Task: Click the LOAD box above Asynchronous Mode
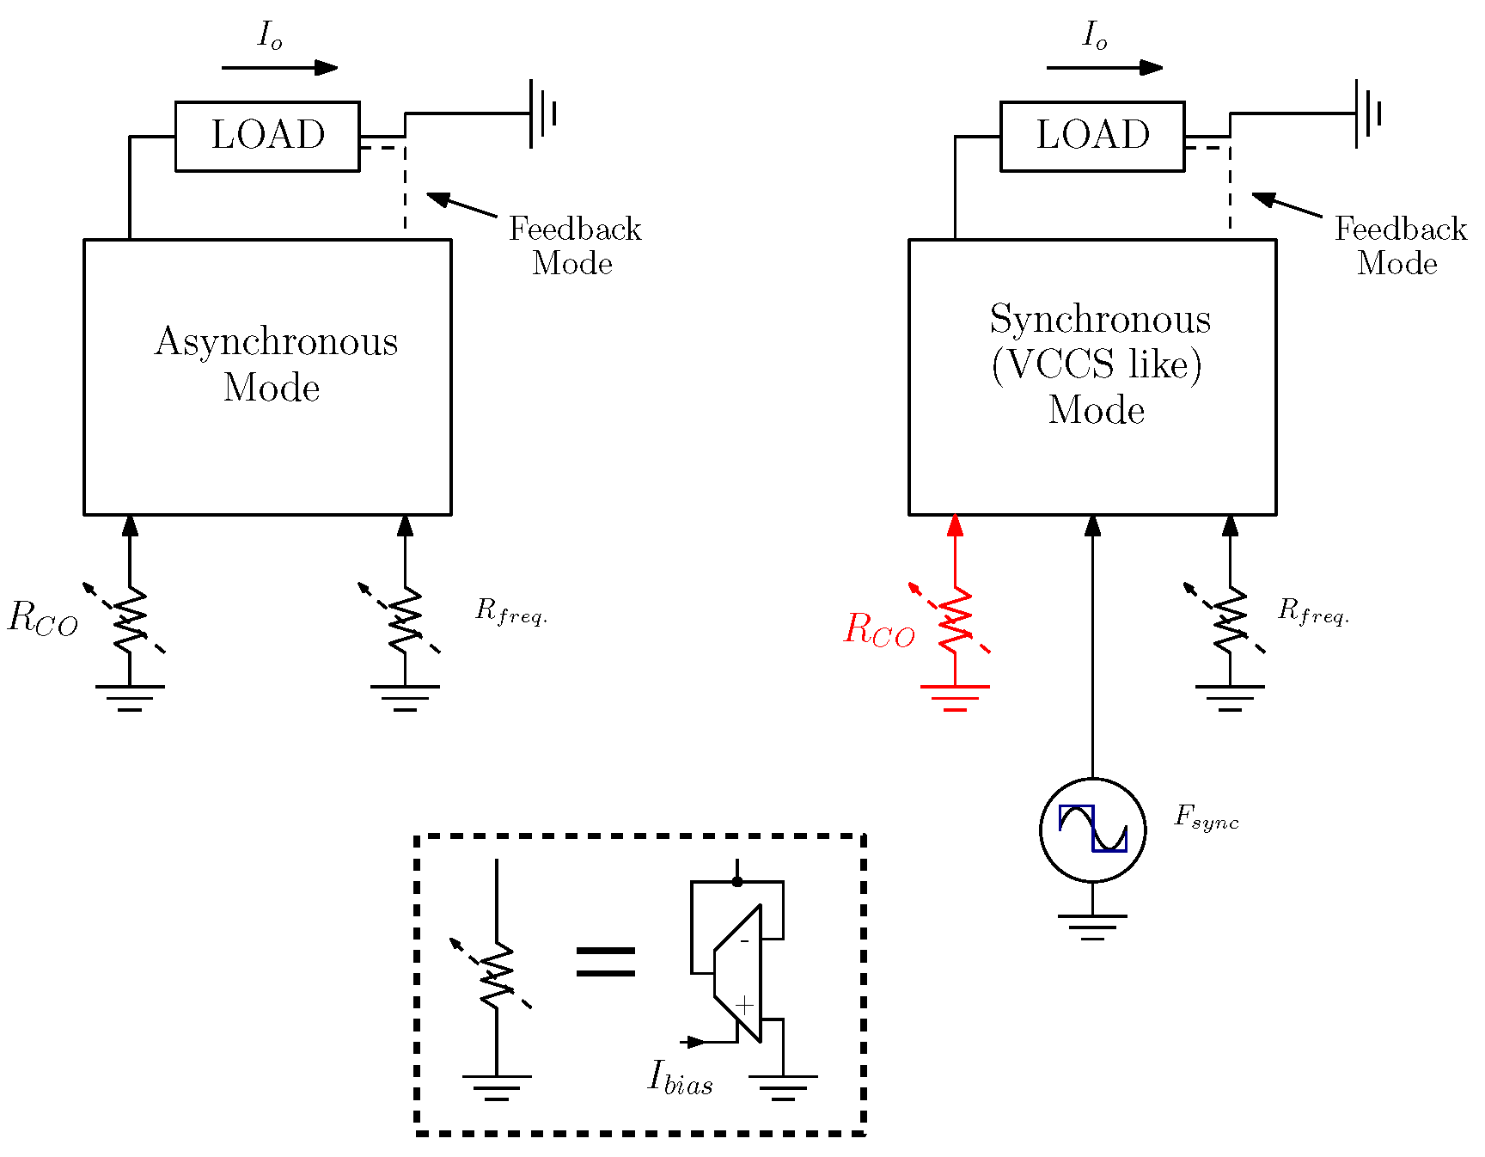267,136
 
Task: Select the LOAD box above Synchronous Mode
1092,136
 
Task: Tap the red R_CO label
879,629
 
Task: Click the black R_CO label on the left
43,617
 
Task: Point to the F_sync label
1206,817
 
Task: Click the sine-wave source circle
1092,829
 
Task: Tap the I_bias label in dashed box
680,1077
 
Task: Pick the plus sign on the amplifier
744,1004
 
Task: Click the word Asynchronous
276,342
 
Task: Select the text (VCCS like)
1097,364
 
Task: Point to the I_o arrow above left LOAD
279,68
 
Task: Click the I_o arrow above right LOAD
1104,68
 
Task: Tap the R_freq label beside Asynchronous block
510,612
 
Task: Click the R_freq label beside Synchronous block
1313,611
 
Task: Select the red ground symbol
955,696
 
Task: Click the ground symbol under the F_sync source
1092,926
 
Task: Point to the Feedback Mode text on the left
574,246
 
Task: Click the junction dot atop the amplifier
737,881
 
